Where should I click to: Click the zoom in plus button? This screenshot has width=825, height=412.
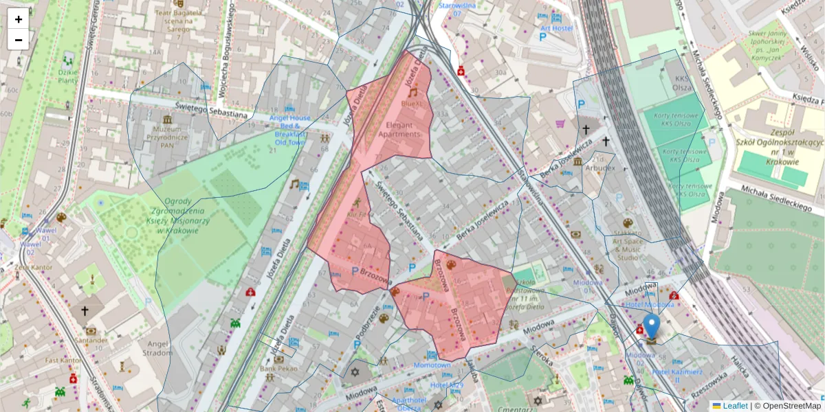click(x=19, y=19)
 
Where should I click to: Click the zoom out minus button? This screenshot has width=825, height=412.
click(x=19, y=40)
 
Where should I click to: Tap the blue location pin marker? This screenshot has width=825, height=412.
click(x=651, y=328)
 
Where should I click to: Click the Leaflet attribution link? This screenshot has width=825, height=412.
click(x=734, y=406)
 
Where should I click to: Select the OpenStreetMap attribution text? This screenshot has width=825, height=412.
click(x=791, y=406)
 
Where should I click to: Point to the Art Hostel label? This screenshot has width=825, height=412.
click(x=556, y=28)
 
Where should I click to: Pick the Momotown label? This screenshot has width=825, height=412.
click(x=432, y=365)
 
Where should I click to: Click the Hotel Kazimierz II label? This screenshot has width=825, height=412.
click(x=676, y=376)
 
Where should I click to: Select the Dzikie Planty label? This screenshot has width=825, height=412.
click(x=67, y=76)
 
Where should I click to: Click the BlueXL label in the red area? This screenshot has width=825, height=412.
click(x=412, y=103)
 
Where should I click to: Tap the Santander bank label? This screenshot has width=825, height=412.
click(x=91, y=339)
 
